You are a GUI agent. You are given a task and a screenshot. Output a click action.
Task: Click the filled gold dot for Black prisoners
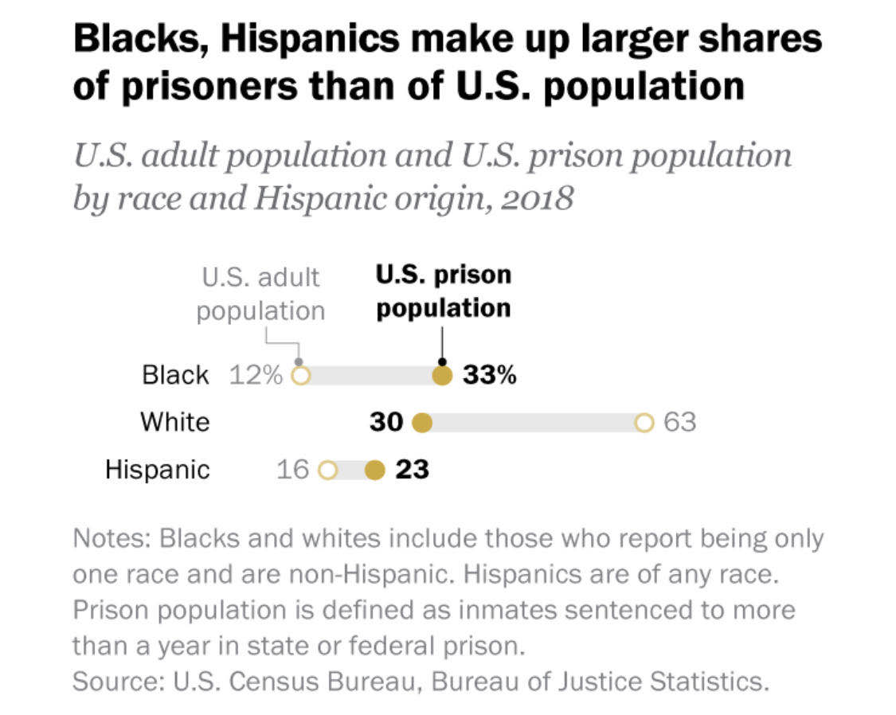[442, 376]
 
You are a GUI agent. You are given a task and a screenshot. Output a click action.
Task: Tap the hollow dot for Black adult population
[299, 376]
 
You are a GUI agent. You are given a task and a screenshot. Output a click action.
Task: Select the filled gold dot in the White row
[422, 423]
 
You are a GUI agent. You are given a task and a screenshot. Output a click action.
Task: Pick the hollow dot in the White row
[644, 423]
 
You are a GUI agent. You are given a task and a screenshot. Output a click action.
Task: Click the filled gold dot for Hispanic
[374, 471]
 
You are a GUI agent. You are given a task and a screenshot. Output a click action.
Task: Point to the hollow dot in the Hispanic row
[327, 471]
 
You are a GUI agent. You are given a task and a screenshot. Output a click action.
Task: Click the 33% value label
[490, 376]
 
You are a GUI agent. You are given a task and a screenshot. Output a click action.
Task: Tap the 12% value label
[256, 376]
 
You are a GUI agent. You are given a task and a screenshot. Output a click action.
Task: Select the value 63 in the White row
[680, 423]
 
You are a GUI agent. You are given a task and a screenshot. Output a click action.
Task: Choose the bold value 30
[387, 423]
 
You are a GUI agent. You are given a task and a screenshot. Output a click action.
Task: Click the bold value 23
[413, 471]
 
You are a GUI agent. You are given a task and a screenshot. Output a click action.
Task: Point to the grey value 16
[292, 471]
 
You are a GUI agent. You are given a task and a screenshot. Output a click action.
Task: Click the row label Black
[175, 376]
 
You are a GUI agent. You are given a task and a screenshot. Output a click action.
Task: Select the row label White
[175, 422]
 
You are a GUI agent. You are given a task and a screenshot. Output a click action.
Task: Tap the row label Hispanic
[158, 471]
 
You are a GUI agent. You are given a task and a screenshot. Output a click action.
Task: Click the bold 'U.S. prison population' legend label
[444, 291]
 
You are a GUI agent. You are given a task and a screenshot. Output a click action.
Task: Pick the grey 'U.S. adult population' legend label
[260, 294]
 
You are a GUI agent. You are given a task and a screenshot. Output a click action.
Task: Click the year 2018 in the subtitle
[538, 198]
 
